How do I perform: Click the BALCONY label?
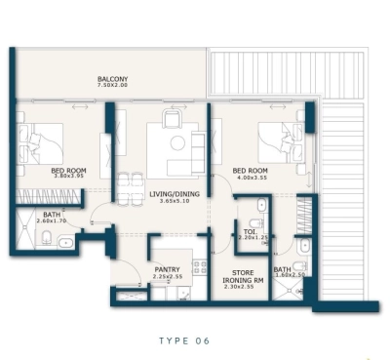[113, 78]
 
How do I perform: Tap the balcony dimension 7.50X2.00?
[113, 86]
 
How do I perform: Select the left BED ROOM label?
[68, 170]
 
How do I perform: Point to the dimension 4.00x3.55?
[251, 178]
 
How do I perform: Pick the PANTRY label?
[168, 268]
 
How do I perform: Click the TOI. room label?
[251, 230]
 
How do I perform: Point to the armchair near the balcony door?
[173, 119]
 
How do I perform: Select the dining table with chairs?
[129, 185]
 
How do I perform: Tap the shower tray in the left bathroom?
[23, 231]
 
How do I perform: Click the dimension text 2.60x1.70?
[52, 221]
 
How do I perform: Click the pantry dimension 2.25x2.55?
[168, 276]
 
